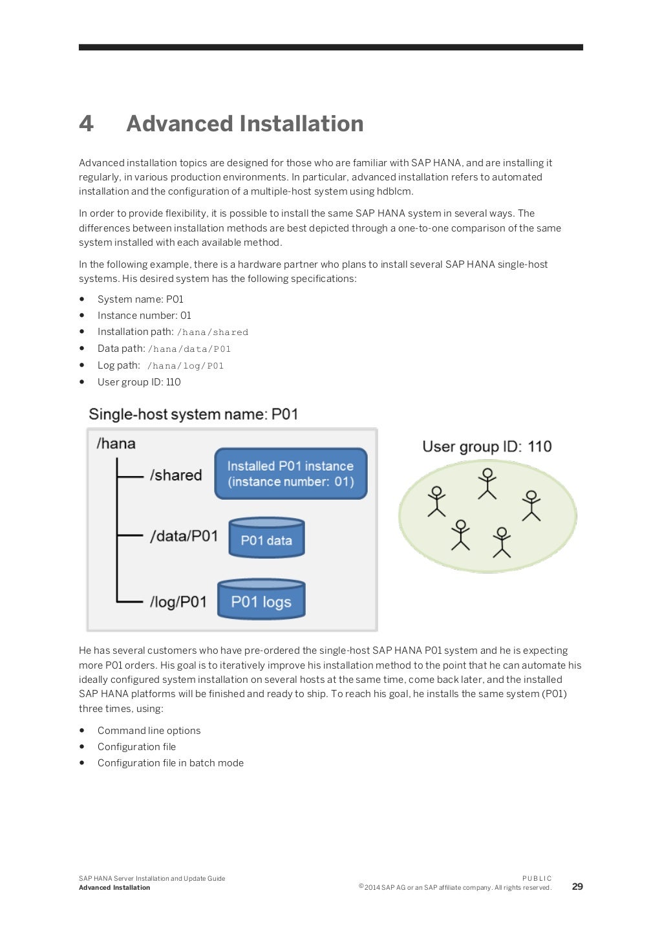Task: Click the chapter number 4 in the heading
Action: [86, 124]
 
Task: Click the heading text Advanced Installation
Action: [244, 124]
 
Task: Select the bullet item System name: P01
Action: [140, 299]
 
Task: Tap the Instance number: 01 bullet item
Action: [144, 316]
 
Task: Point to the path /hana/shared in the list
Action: [213, 332]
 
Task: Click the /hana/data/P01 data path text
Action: [189, 349]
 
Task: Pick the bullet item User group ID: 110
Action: [139, 382]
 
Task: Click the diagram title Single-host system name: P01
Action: [193, 415]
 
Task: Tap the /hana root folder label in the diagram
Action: [116, 444]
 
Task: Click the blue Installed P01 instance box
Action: [290, 474]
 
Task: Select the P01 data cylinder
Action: [266, 538]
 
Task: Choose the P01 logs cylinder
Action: [261, 599]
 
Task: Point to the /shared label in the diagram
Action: [176, 475]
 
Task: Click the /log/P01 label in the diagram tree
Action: [178, 602]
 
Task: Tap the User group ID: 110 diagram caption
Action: [487, 447]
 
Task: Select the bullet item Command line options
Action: [149, 731]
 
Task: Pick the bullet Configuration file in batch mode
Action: [171, 763]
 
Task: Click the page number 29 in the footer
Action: [577, 887]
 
